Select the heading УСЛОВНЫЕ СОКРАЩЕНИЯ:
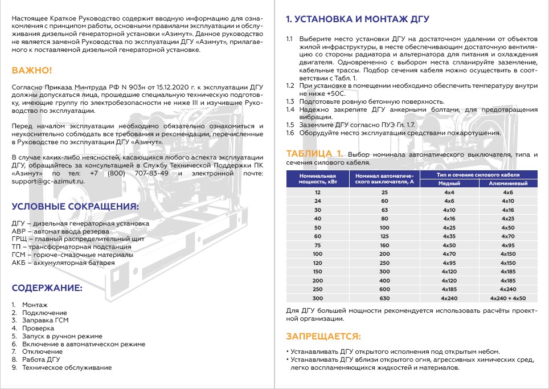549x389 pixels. click(75, 206)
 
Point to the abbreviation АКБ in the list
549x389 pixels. click(19, 263)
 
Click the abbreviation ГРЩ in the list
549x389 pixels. click(19, 239)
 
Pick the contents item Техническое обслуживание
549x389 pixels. click(67, 367)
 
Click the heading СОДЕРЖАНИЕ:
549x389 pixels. click(47, 288)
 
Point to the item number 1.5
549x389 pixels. click(290, 125)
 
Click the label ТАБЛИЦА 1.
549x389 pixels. click(314, 153)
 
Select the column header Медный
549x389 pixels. click(449, 184)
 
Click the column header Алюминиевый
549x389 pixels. click(508, 184)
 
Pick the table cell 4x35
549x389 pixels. click(449, 236)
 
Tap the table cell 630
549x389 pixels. click(384, 298)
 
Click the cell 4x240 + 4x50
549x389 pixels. click(508, 298)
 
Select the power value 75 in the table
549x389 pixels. click(317, 245)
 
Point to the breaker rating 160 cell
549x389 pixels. click(384, 245)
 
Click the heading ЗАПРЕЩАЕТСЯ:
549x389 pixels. click(323, 335)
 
